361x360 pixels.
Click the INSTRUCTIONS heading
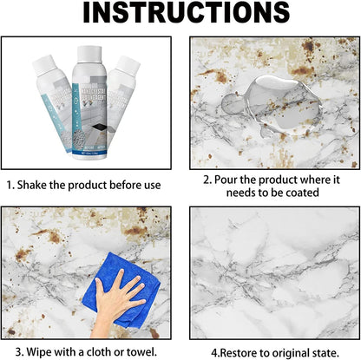tap(180, 16)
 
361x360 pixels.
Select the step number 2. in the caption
tap(208, 180)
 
